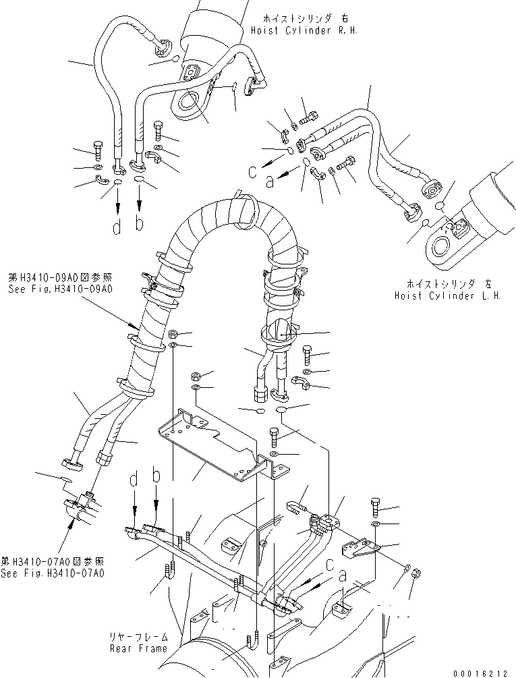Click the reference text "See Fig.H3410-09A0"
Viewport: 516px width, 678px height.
coord(60,288)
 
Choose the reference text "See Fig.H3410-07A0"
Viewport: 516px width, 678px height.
coord(53,573)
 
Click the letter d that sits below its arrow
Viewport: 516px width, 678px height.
coord(117,227)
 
